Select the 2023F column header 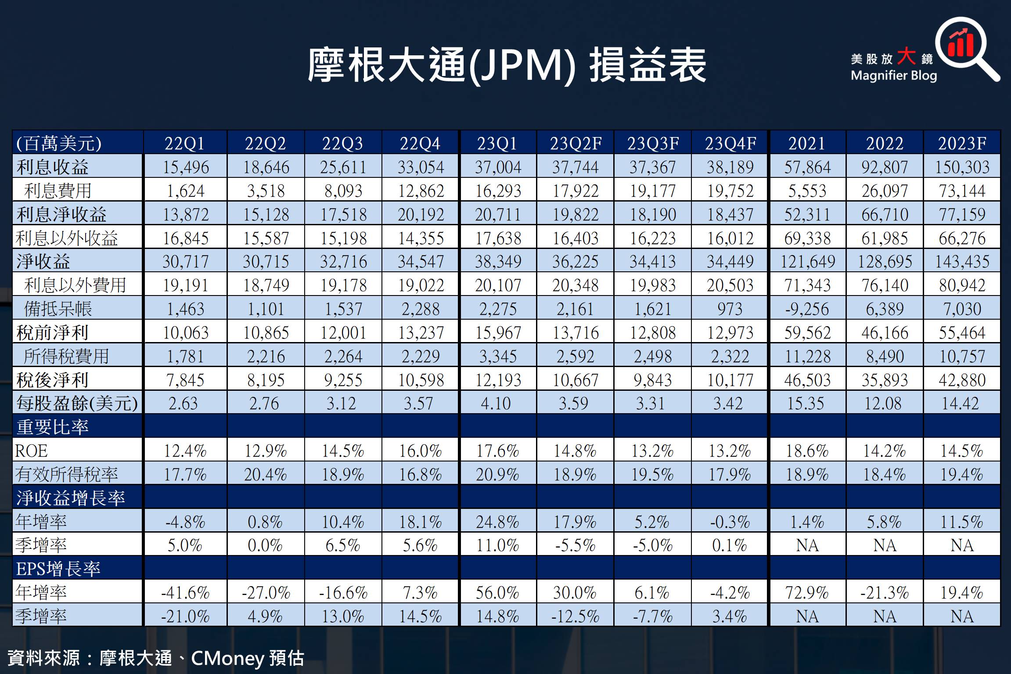962,144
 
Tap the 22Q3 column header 343,144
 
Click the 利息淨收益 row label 61,214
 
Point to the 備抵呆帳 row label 58,309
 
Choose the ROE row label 31,451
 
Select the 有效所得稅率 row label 67,474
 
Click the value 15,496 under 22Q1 185,167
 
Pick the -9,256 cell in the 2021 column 807,309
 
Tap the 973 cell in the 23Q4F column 730,309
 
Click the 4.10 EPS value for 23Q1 496,404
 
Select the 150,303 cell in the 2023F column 962,167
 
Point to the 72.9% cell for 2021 807,593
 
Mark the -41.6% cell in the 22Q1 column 185,593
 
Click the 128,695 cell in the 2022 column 885,262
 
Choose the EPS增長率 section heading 58,569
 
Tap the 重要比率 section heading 53,427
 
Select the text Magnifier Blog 894,76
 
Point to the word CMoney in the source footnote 227,658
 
